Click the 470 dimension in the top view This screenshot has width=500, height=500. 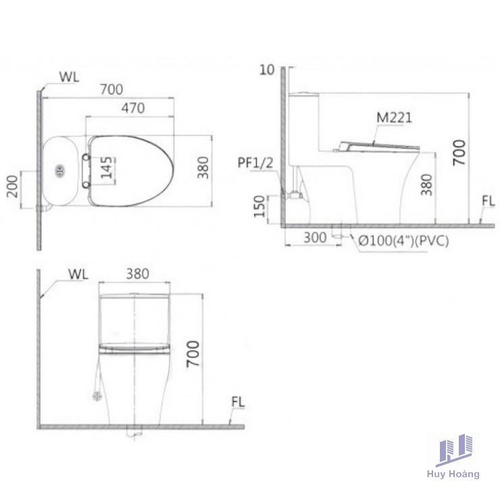133,108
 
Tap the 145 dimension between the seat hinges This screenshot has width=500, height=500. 107,168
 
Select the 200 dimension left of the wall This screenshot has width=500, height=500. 12,186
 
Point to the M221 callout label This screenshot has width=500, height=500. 394,118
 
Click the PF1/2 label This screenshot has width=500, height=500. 255,163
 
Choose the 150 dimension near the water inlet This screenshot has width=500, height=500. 259,207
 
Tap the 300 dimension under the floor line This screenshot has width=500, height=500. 315,238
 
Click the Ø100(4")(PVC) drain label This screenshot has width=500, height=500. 403,241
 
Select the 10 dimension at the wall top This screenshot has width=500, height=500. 267,70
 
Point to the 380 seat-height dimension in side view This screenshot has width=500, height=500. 426,184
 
